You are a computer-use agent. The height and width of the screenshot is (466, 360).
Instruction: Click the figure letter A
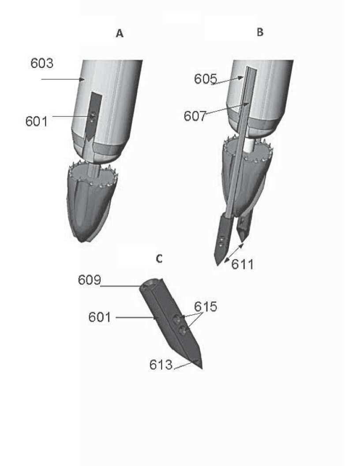tap(120, 33)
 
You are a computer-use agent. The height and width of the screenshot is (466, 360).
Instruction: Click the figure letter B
tap(260, 32)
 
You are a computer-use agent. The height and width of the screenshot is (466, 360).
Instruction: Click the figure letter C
tap(159, 259)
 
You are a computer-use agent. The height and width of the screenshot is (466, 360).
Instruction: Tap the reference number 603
tap(42, 63)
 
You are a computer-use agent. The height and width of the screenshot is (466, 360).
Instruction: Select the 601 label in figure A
tap(36, 121)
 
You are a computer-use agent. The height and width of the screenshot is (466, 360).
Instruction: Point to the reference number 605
tap(206, 79)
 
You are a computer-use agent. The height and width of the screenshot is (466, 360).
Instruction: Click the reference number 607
tap(195, 116)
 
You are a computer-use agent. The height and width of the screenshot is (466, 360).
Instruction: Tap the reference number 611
tap(242, 264)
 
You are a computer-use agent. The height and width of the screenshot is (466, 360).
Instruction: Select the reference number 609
tap(90, 280)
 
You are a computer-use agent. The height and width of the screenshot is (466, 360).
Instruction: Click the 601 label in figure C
tap(100, 317)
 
